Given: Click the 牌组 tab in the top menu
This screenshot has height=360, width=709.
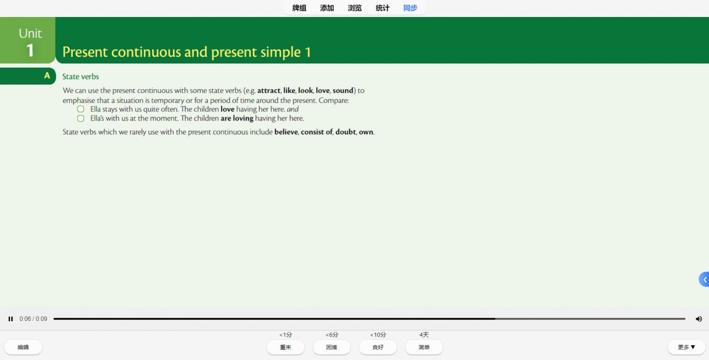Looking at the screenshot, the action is pyautogui.click(x=299, y=8).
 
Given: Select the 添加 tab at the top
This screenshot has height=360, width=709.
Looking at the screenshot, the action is pyautogui.click(x=327, y=8).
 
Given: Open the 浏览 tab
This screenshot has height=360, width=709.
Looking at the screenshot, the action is pyautogui.click(x=355, y=8).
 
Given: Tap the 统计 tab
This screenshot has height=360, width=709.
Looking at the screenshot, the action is pyautogui.click(x=382, y=8).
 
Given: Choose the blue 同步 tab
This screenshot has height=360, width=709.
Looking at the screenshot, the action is pyautogui.click(x=410, y=8).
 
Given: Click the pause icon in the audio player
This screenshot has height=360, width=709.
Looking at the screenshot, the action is pyautogui.click(x=11, y=319).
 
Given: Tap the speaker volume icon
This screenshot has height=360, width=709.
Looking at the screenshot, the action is pyautogui.click(x=699, y=319).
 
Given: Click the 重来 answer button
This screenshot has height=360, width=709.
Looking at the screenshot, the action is pyautogui.click(x=285, y=347).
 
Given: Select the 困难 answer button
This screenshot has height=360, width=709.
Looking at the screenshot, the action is pyautogui.click(x=332, y=347).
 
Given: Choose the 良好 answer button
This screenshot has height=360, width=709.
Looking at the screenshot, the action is pyautogui.click(x=378, y=347).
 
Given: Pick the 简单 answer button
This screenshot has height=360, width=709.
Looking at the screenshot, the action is pyautogui.click(x=424, y=347).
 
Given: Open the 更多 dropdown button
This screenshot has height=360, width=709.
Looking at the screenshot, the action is pyautogui.click(x=686, y=347).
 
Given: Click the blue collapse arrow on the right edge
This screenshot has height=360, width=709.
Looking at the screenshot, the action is pyautogui.click(x=704, y=279).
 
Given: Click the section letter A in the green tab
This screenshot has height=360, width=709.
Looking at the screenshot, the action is pyautogui.click(x=47, y=76).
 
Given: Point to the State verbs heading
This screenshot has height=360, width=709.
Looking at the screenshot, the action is pyautogui.click(x=80, y=77).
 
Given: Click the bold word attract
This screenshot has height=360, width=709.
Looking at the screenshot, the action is pyautogui.click(x=269, y=91).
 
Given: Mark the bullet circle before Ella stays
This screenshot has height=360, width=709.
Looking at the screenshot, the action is pyautogui.click(x=81, y=109).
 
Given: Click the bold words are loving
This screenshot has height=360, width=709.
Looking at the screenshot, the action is pyautogui.click(x=237, y=118).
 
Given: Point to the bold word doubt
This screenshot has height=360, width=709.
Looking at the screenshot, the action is pyautogui.click(x=346, y=132).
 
